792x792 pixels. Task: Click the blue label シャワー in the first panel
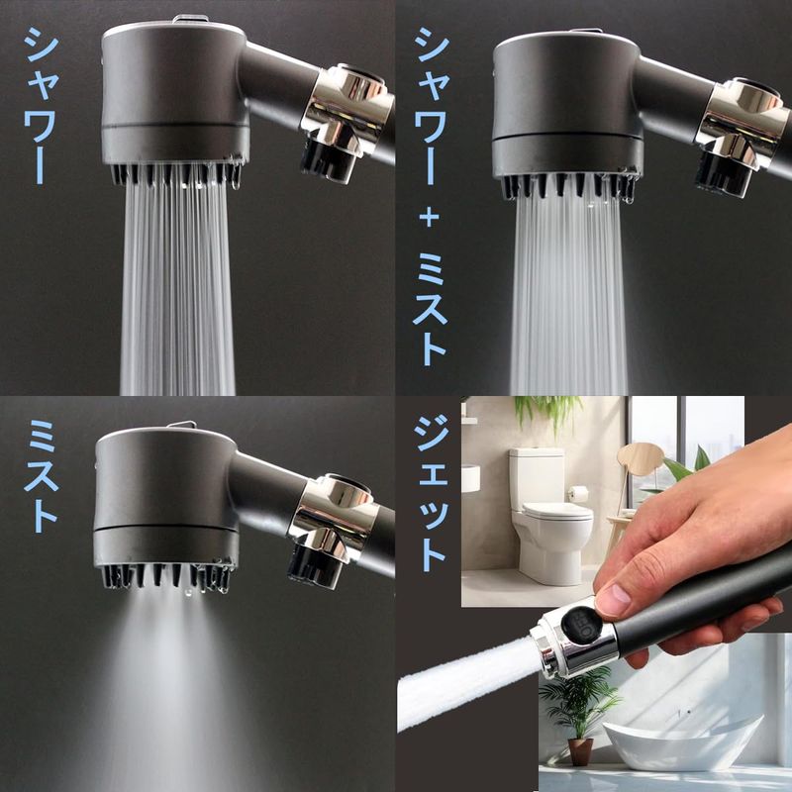pos(42,105)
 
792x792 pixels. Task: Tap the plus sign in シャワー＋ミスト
pos(430,218)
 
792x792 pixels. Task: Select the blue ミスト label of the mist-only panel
pos(41,476)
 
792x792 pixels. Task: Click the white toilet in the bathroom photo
pos(550,515)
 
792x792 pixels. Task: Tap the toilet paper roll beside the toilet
pos(579,492)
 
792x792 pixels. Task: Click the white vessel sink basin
pos(683,735)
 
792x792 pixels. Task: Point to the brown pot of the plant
pos(580,751)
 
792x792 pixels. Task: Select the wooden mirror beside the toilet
pos(640,458)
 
